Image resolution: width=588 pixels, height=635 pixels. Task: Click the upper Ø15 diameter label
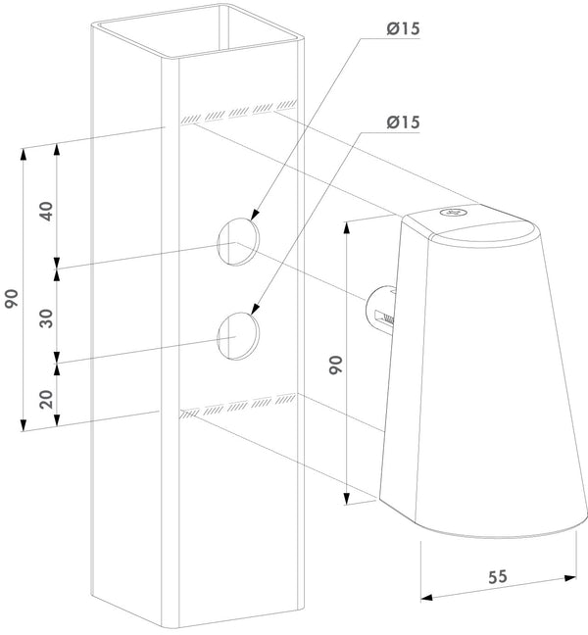(x=403, y=29)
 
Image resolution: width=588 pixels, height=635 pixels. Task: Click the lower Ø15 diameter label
(x=403, y=122)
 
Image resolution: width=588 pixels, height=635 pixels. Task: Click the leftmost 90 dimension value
(x=12, y=298)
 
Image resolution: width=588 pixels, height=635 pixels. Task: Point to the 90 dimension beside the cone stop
(x=336, y=366)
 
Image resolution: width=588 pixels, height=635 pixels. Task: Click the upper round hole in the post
(x=238, y=240)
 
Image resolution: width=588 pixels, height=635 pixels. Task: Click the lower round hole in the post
(x=239, y=333)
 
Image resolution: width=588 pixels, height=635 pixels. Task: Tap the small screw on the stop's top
(x=450, y=210)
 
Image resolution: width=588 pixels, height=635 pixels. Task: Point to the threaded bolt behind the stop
(x=382, y=311)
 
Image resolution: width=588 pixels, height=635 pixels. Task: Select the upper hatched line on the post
(x=238, y=111)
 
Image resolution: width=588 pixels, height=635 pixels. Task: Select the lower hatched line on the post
(x=238, y=407)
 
